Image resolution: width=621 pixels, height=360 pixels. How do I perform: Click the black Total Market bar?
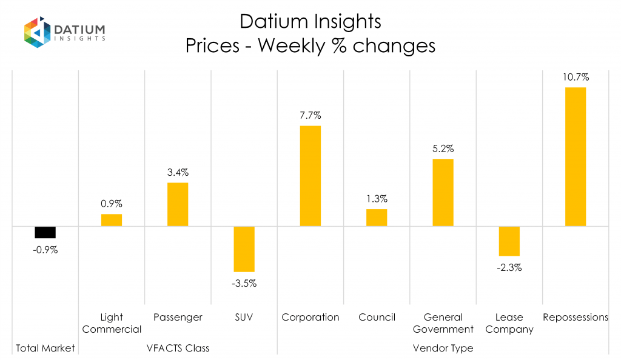pyautogui.click(x=45, y=232)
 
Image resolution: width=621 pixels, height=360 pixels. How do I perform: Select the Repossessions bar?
pyautogui.click(x=575, y=157)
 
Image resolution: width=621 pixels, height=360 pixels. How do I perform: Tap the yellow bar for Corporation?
pyautogui.click(x=310, y=176)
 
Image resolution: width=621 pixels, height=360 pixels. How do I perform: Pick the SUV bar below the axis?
pyautogui.click(x=244, y=248)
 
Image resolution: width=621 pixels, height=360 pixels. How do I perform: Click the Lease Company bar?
pyautogui.click(x=509, y=241)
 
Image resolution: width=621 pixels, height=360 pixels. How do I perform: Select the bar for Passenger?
pyautogui.click(x=178, y=204)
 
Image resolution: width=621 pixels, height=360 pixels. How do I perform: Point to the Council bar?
pyautogui.click(x=377, y=218)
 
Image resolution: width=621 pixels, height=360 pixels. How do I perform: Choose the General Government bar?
pyautogui.click(x=443, y=192)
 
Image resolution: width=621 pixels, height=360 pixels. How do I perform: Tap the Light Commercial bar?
pyautogui.click(x=112, y=220)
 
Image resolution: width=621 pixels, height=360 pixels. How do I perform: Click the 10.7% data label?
pyautogui.click(x=575, y=77)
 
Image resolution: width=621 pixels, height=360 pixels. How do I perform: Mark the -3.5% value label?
pyautogui.click(x=244, y=283)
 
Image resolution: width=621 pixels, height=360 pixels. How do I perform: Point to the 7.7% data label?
pyautogui.click(x=310, y=115)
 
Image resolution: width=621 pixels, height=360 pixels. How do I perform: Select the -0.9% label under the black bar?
pyautogui.click(x=45, y=250)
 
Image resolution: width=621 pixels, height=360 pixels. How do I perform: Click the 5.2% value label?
pyautogui.click(x=443, y=148)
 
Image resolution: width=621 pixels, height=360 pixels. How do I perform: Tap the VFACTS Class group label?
pyautogui.click(x=178, y=348)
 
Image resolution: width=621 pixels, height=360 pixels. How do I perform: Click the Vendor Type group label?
pyautogui.click(x=443, y=348)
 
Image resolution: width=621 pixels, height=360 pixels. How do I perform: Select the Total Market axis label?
pyautogui.click(x=45, y=348)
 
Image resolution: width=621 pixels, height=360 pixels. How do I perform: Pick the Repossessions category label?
pyautogui.click(x=575, y=317)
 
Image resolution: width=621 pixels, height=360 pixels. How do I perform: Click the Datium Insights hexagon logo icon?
pyautogui.click(x=37, y=32)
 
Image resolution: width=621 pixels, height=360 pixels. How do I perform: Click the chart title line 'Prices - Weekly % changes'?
pyautogui.click(x=310, y=46)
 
